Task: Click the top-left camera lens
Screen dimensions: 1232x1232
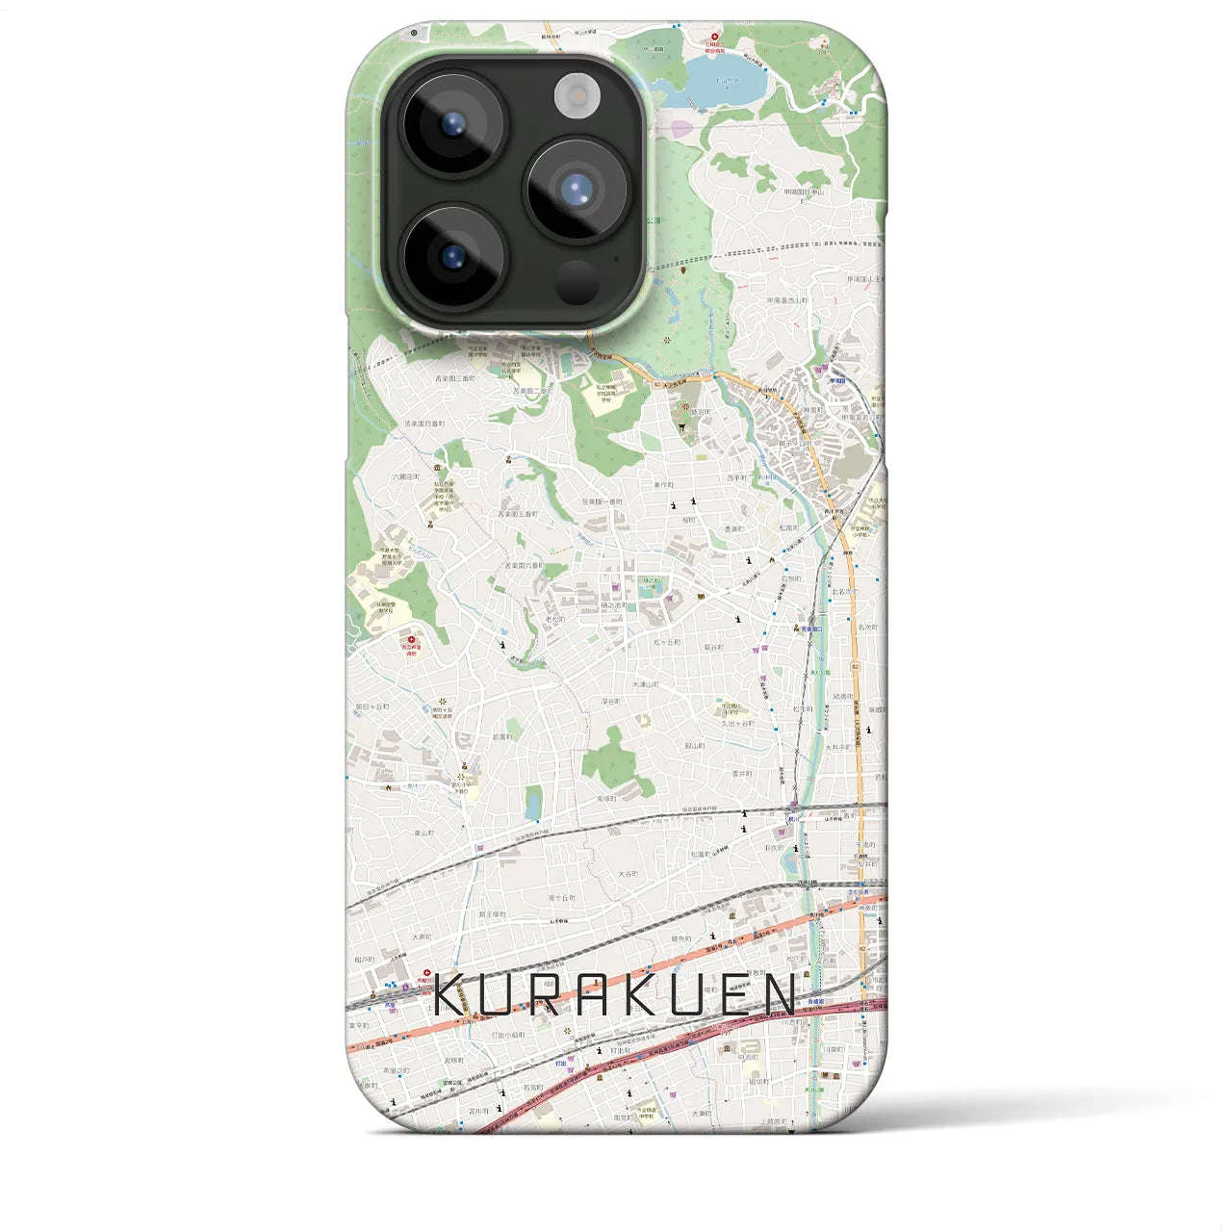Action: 452,123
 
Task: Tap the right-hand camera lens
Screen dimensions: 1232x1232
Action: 576,189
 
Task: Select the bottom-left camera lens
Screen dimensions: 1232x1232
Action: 452,256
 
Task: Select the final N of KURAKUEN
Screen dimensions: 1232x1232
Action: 781,995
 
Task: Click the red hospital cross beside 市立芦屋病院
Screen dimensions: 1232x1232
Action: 412,638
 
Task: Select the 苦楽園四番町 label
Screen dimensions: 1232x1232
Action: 423,423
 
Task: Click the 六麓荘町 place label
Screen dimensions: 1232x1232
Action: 406,476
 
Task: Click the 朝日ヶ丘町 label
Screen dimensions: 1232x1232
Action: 372,706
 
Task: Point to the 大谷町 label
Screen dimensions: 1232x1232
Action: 628,874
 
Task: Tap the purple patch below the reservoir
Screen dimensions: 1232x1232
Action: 680,128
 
